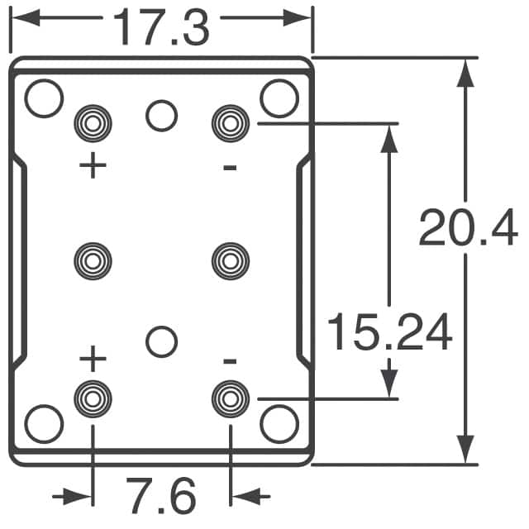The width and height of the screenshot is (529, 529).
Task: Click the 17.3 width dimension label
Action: pyautogui.click(x=161, y=26)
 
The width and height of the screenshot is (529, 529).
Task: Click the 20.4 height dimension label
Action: pyautogui.click(x=468, y=228)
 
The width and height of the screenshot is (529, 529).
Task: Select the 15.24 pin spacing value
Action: pyautogui.click(x=389, y=332)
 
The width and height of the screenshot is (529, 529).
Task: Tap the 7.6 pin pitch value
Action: pyautogui.click(x=161, y=496)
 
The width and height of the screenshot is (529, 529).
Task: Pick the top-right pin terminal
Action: pyautogui.click(x=230, y=124)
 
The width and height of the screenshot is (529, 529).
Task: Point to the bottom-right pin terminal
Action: pyautogui.click(x=230, y=398)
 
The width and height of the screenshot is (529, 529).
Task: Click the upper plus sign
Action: pyautogui.click(x=93, y=166)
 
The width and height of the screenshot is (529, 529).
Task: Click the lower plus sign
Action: pyautogui.click(x=93, y=360)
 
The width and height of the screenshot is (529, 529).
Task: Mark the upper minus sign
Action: pyautogui.click(x=230, y=168)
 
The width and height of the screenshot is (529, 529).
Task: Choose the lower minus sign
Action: pyautogui.click(x=230, y=361)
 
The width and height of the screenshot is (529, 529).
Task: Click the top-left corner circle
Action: pyautogui.click(x=44, y=98)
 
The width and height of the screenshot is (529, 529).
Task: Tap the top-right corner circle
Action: pyautogui.click(x=279, y=98)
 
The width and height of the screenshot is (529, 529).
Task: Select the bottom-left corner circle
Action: pyautogui.click(x=44, y=424)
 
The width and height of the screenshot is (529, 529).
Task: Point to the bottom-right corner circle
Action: pyautogui.click(x=279, y=424)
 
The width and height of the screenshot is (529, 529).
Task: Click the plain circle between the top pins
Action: pyautogui.click(x=161, y=116)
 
